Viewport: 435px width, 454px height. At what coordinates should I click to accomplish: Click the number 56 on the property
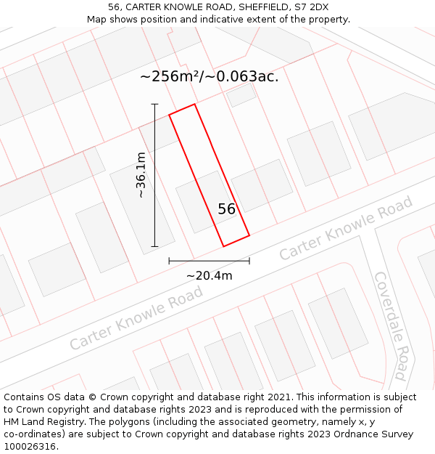pyautogui.click(x=227, y=209)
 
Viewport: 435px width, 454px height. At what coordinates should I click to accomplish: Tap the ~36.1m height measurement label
pyautogui.click(x=141, y=175)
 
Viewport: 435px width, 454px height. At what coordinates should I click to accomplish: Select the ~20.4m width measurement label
pyautogui.click(x=209, y=275)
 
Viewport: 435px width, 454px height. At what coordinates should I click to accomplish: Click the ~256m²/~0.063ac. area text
pyautogui.click(x=209, y=76)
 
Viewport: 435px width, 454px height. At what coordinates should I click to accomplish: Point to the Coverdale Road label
pyautogui.click(x=390, y=325)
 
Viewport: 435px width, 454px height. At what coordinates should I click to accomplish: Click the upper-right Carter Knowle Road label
pyautogui.click(x=346, y=228)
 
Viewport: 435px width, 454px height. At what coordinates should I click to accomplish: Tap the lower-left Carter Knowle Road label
pyautogui.click(x=136, y=318)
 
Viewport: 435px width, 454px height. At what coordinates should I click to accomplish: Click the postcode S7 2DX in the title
pyautogui.click(x=309, y=7)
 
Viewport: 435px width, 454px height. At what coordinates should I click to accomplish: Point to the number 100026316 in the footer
pyautogui.click(x=30, y=446)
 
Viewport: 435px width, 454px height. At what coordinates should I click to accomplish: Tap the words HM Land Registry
pyautogui.click(x=41, y=422)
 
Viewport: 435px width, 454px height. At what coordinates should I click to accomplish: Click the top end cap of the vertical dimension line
pyautogui.click(x=154, y=105)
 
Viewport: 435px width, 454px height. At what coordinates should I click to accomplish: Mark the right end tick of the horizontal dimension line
pyautogui.click(x=249, y=261)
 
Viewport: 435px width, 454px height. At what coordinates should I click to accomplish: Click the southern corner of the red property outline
pyautogui.click(x=223, y=246)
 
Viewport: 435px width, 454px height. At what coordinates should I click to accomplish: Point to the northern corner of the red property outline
pyautogui.click(x=194, y=104)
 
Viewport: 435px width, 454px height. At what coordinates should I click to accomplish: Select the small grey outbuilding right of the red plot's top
pyautogui.click(x=241, y=94)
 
